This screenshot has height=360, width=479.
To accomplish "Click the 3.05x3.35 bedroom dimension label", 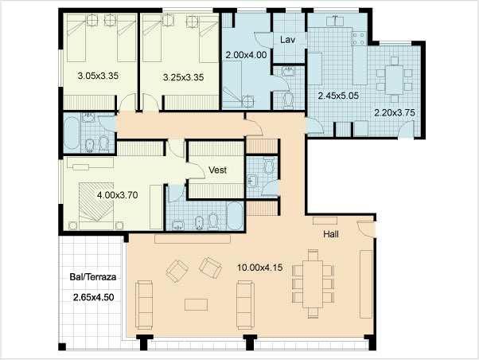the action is click(98, 76).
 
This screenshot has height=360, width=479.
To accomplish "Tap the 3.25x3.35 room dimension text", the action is click(183, 77).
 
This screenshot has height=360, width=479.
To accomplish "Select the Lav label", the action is click(287, 40).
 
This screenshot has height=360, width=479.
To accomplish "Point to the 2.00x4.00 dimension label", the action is click(246, 55).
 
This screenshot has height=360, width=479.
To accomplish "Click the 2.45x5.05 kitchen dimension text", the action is click(338, 96).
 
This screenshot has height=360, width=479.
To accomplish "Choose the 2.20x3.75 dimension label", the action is click(395, 112).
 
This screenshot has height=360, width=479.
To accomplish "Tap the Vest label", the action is click(217, 170).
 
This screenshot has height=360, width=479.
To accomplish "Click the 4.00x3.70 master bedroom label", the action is click(117, 195).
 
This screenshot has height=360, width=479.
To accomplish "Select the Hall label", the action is click(331, 234).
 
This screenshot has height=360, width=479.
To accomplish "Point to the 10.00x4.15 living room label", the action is click(260, 268).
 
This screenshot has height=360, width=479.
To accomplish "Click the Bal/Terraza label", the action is click(93, 277).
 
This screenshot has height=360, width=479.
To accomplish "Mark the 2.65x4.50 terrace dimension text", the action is click(93, 297).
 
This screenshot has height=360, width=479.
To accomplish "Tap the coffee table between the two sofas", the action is click(196, 305).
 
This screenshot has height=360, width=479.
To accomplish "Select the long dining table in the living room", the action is click(313, 284).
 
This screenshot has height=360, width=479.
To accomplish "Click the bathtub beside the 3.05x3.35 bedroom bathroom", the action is click(72, 134).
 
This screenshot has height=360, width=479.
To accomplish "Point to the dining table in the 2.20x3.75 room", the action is click(394, 80).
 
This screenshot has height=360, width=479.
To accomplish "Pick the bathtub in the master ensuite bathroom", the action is click(235, 216).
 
